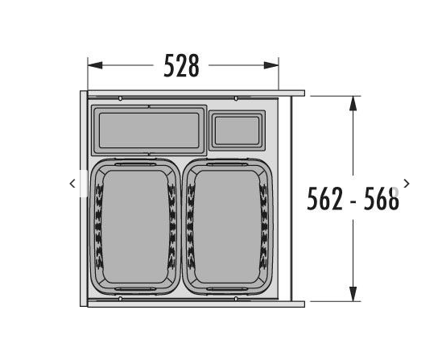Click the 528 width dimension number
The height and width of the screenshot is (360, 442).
click(x=181, y=66)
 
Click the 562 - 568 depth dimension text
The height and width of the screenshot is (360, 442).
click(x=353, y=198)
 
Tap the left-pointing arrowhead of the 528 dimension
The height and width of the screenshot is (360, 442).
click(x=95, y=65)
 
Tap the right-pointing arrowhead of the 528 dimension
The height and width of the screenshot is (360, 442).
click(x=271, y=65)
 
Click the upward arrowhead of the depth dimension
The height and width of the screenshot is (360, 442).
click(x=353, y=103)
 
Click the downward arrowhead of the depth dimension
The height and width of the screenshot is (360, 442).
click(x=353, y=294)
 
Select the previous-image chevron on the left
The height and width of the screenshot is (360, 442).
click(x=72, y=184)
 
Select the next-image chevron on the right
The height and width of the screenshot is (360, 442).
click(x=407, y=184)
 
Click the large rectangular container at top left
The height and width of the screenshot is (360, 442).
click(x=149, y=130)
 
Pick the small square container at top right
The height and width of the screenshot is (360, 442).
click(x=237, y=130)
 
